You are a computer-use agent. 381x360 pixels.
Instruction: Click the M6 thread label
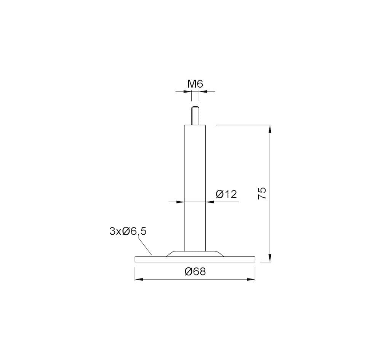(x=195, y=84)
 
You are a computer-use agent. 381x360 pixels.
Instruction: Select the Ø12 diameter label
(x=226, y=194)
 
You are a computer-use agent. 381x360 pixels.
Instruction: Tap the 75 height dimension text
(x=262, y=194)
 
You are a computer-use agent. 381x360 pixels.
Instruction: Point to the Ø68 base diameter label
(x=195, y=271)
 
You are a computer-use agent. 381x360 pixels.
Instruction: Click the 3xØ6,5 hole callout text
(x=128, y=232)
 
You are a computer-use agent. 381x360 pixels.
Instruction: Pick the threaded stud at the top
(x=195, y=116)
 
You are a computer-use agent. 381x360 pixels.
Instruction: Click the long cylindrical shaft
(x=195, y=188)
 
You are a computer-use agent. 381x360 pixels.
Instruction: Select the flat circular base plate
(x=195, y=259)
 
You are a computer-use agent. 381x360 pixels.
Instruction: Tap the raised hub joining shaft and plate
(x=195, y=254)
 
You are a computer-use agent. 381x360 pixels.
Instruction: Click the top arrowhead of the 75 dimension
(x=270, y=129)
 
